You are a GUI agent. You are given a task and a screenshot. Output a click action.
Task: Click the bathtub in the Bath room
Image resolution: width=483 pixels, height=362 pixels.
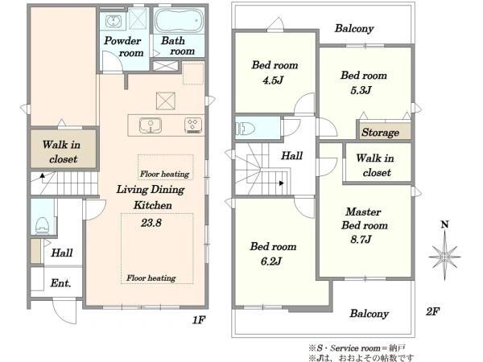point(179,20)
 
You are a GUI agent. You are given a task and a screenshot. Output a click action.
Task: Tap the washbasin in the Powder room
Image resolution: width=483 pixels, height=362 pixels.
point(114,21)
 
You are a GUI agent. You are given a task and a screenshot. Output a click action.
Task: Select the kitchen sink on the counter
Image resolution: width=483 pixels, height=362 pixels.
point(151,125)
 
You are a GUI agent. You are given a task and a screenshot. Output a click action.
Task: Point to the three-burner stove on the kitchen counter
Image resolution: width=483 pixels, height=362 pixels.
point(193,125)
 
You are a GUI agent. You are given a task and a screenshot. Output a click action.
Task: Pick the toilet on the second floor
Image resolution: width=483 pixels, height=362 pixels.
point(246,129)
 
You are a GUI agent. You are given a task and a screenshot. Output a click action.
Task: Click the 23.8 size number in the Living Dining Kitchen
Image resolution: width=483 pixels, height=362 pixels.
point(151,223)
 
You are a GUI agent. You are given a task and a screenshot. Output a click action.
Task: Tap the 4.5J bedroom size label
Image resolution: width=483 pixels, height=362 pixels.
point(273,80)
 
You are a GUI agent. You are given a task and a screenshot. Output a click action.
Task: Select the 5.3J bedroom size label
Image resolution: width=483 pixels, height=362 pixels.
point(361,90)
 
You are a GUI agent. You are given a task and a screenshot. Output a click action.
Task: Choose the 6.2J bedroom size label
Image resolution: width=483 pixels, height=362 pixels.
point(271,261)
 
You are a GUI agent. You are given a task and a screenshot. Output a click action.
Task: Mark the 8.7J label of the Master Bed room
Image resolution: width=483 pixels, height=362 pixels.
point(361,239)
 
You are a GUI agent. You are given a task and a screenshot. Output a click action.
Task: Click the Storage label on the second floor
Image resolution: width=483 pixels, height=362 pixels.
point(381,133)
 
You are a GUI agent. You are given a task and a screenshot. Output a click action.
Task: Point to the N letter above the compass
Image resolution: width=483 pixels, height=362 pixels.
point(444,224)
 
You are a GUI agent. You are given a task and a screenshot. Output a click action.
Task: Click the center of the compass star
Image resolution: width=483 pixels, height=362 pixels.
point(444,256)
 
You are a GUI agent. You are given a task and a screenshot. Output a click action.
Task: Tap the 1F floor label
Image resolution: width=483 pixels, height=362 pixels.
point(199,320)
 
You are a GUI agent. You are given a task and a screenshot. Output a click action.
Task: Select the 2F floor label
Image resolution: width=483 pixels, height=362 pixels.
point(432,311)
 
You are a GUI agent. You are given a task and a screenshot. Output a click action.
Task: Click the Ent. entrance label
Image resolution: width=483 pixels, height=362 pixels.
point(60,283)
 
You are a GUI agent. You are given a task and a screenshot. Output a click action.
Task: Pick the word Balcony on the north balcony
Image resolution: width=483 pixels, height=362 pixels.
point(354,29)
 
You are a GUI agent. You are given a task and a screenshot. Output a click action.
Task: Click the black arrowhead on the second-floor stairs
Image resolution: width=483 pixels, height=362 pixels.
point(281,183)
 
